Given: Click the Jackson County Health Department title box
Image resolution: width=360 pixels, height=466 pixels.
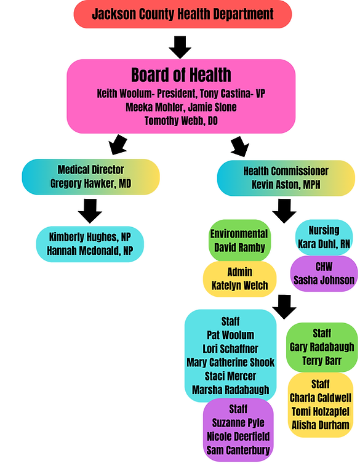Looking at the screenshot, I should [183, 14].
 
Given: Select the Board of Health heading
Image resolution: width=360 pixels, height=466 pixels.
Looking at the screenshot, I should [181, 76].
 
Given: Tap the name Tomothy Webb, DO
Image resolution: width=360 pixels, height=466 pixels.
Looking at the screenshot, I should [181, 121].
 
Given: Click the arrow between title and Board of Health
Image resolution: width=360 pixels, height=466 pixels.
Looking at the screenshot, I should [180, 46].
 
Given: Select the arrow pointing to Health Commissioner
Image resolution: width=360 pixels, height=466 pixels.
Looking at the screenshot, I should [239, 147].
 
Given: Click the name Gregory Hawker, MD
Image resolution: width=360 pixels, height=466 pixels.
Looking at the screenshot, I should [90, 183].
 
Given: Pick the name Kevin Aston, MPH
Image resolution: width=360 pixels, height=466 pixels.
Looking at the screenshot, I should [286, 184].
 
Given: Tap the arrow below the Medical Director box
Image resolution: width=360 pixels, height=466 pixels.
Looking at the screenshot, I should [90, 211].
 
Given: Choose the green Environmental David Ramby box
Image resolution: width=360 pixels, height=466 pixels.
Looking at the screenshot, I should [239, 241].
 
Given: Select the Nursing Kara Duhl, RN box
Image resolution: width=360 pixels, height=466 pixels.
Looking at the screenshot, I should [324, 238].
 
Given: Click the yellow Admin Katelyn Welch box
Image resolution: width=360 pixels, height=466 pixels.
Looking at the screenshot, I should [239, 278].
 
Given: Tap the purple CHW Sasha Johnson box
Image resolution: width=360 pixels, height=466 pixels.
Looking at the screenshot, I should [324, 274].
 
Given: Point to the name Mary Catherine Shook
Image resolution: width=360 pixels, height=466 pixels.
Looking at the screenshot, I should [230, 362].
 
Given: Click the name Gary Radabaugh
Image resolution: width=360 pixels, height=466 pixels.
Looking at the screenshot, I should [322, 347].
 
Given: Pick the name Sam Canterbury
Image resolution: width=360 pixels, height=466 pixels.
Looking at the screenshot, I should [238, 449].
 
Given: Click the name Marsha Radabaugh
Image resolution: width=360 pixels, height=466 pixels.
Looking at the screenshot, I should [230, 390].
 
